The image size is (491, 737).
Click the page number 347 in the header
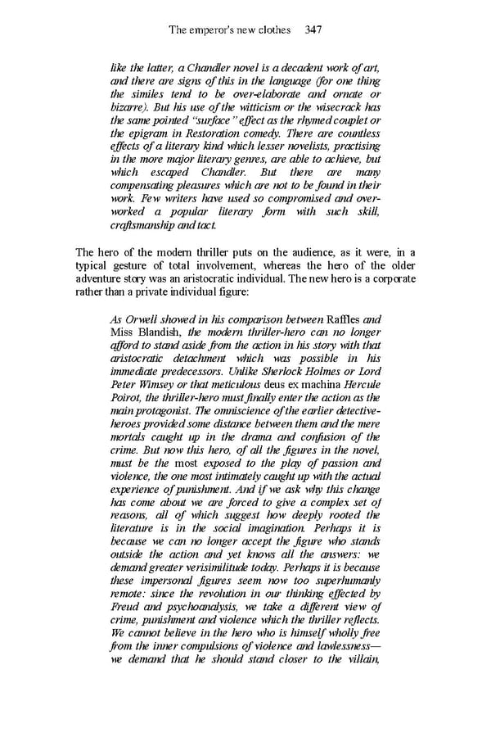[x=310, y=30]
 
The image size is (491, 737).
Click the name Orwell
[x=143, y=319]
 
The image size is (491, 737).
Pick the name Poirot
[x=125, y=397]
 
